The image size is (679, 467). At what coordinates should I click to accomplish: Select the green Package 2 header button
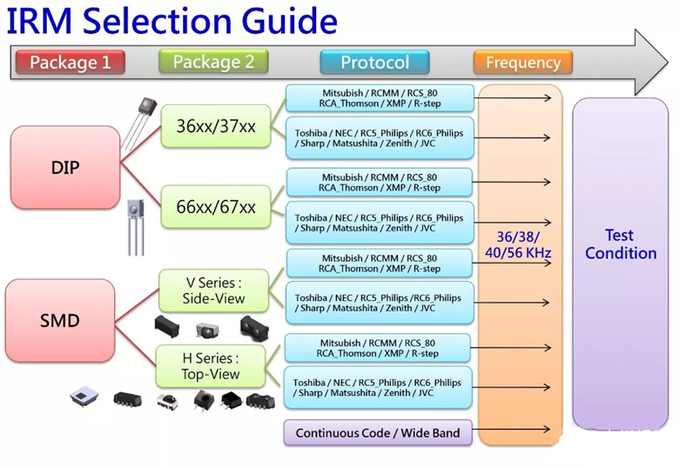pos(213,62)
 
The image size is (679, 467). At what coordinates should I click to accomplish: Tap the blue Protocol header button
pos(374,63)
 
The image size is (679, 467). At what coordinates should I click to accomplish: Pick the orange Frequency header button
pos(522,63)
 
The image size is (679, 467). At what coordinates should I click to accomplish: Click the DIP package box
pos(65,167)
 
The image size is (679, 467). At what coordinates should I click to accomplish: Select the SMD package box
pos(59,321)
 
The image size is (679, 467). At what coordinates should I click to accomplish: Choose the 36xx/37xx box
pos(216,126)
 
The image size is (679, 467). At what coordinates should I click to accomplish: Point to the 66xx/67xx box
pos(216,207)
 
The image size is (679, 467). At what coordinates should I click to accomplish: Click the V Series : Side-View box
pos(213,290)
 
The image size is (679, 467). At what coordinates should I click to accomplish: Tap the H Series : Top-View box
pos(198,366)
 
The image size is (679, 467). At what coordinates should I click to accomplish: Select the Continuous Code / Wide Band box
pos(377,432)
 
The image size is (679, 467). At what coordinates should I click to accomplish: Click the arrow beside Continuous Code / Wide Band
pos(514,430)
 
